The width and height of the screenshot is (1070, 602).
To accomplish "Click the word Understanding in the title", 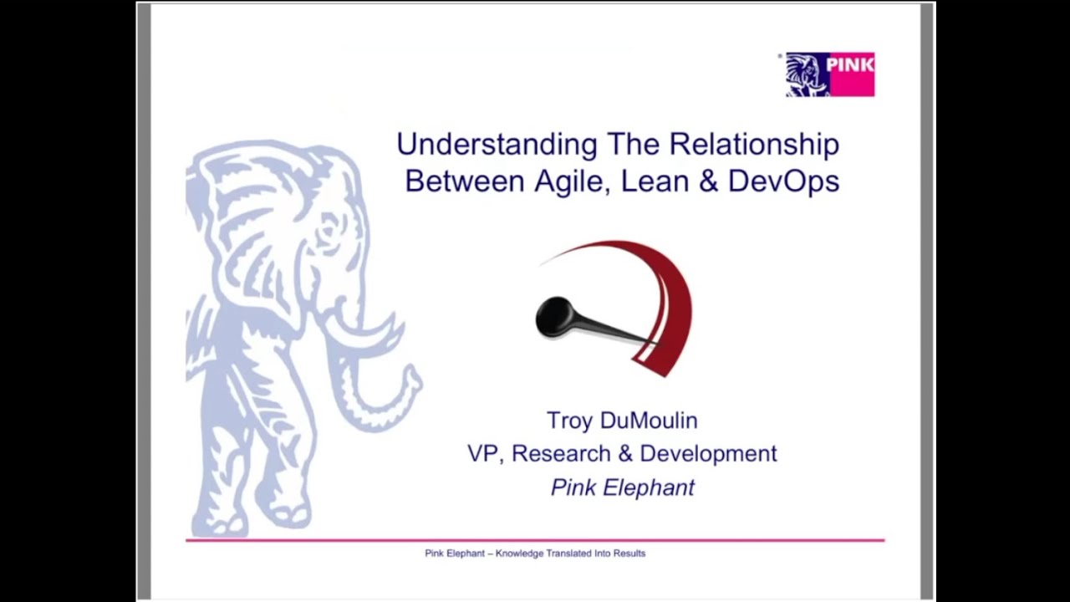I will (496, 145).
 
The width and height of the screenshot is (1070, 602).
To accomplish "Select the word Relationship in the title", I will (754, 145).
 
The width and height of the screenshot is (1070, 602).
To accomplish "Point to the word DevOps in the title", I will (783, 181).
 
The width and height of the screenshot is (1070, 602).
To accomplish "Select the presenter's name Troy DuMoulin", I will (621, 420).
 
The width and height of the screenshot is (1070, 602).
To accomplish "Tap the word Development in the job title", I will (708, 453).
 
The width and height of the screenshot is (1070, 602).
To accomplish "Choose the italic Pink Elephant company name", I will (622, 487).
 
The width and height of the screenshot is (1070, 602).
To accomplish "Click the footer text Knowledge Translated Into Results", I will (570, 554).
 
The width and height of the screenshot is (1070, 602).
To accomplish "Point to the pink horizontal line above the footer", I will (535, 540).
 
